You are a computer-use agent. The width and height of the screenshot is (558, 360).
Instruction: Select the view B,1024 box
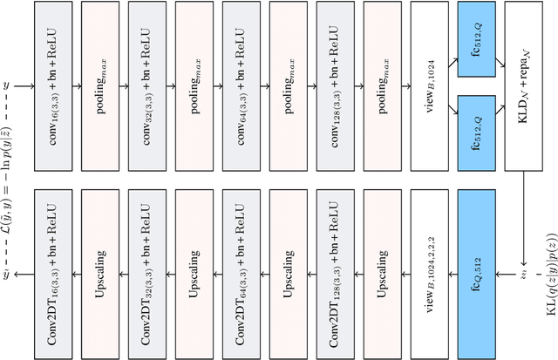tap(433, 86)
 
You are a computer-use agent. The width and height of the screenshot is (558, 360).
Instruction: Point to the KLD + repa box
tap(528, 86)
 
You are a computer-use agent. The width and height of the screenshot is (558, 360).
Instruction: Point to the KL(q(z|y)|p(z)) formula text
tap(547, 296)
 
